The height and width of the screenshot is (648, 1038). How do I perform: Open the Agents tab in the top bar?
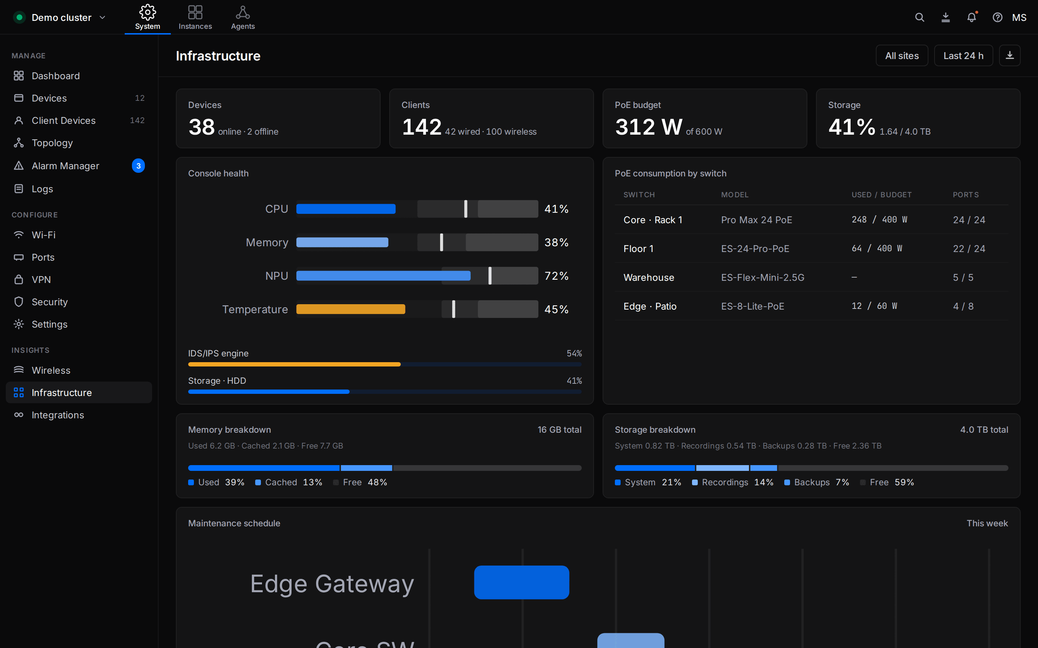[x=243, y=18]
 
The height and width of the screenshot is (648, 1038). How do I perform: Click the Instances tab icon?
[x=195, y=12]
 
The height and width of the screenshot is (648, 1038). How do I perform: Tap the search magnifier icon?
[x=919, y=18]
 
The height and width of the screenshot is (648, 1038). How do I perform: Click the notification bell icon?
[x=972, y=18]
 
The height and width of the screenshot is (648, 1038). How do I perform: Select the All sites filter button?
[x=902, y=56]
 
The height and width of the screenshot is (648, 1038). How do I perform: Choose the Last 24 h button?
[x=963, y=56]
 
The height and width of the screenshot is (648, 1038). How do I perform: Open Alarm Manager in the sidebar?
[x=65, y=166]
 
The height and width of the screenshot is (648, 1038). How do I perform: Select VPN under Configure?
[x=41, y=279]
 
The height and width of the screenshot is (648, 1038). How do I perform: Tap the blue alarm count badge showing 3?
[x=138, y=166]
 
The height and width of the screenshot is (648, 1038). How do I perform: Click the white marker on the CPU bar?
[x=466, y=209]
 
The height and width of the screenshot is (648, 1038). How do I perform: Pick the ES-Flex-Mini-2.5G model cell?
[x=763, y=277]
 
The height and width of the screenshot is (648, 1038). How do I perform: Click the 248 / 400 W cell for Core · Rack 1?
[x=879, y=220]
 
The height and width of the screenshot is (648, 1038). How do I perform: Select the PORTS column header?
[x=966, y=194]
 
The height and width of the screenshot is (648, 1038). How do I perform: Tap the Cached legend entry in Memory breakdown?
[x=289, y=482]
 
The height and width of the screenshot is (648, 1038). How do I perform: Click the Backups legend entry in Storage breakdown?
[x=817, y=482]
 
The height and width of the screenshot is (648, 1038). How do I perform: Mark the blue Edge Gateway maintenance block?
[x=522, y=582]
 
